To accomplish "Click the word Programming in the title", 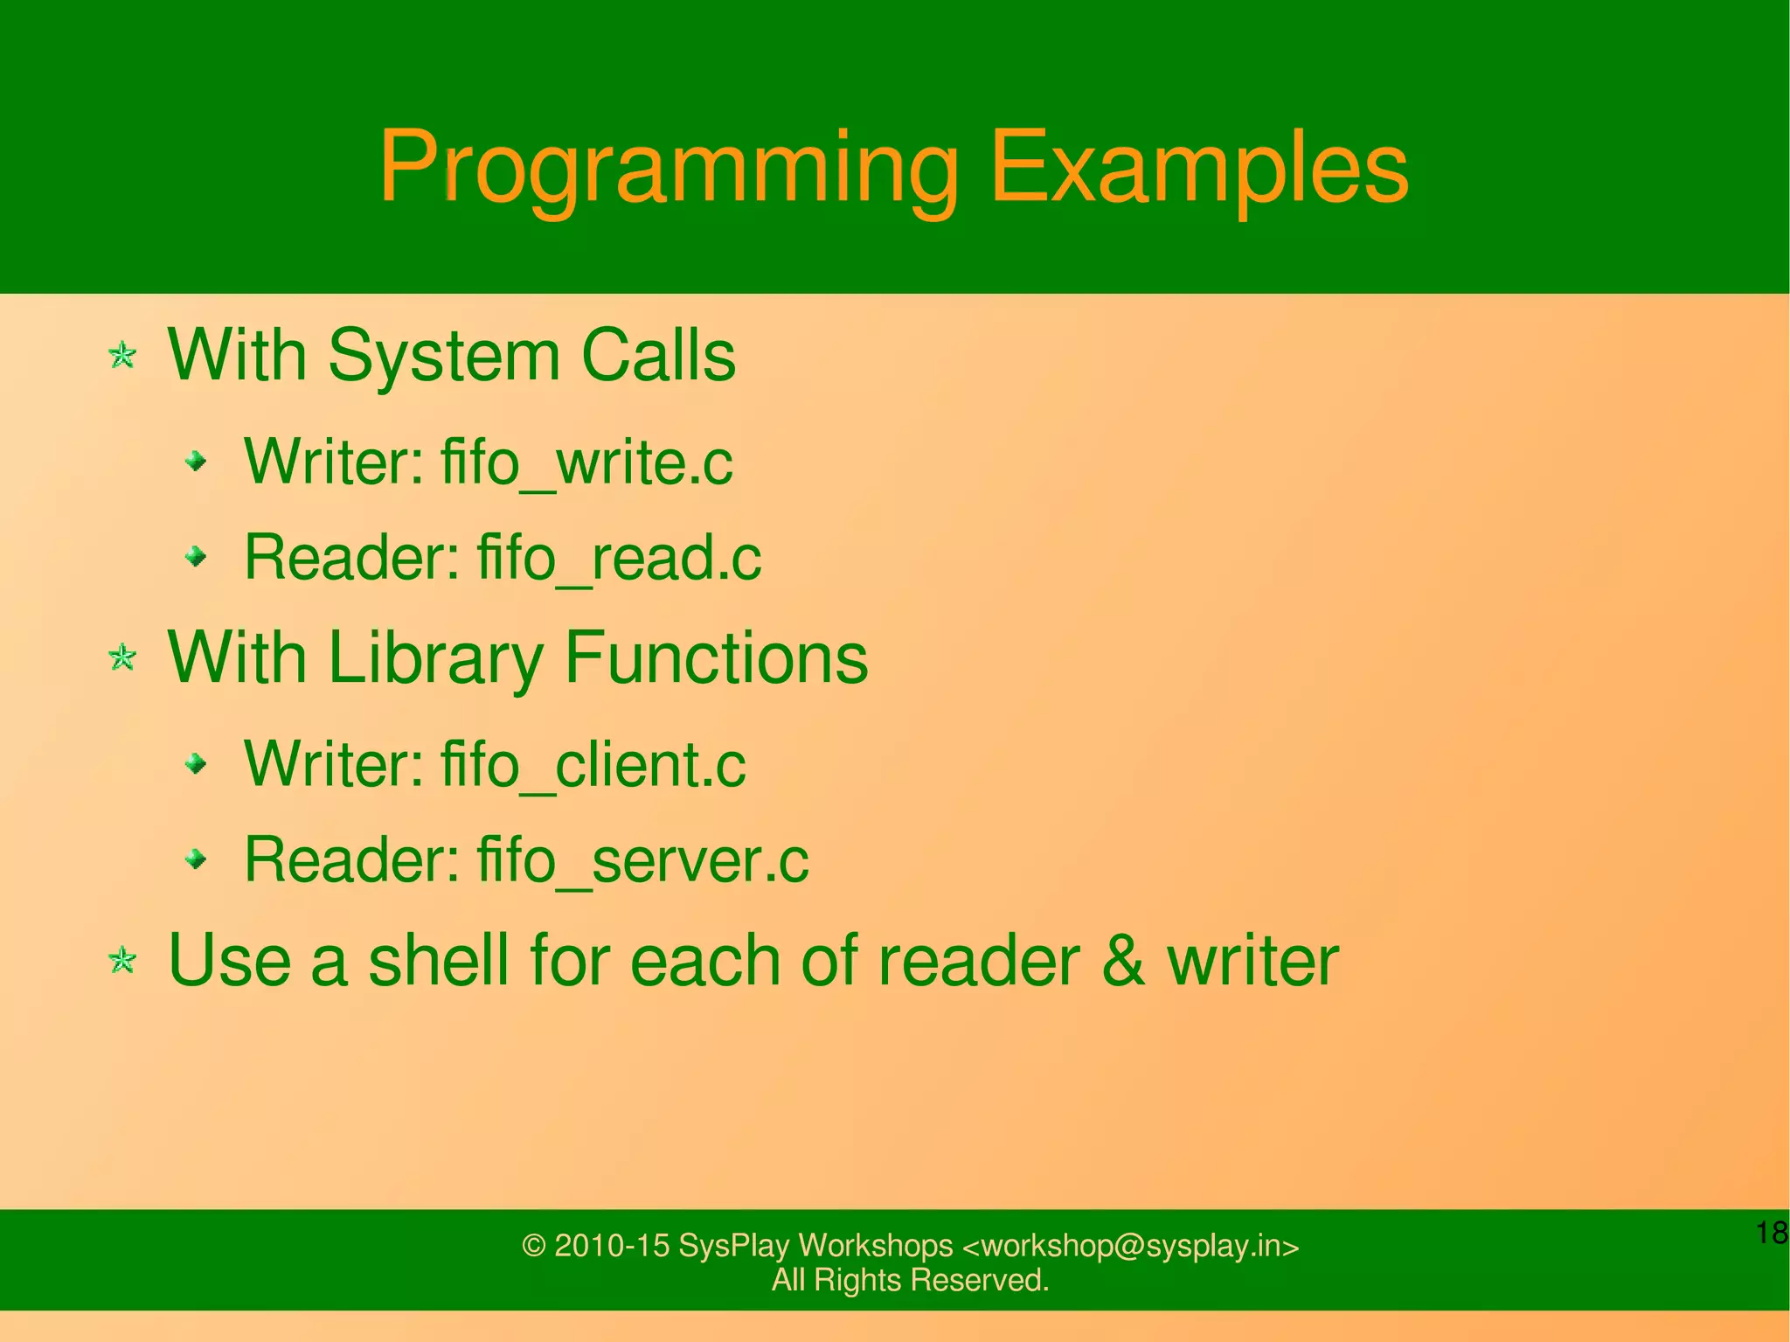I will [x=669, y=168].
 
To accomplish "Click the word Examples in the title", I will [x=1199, y=168].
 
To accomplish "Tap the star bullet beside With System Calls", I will [x=122, y=356].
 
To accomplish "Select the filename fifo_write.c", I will [x=586, y=462].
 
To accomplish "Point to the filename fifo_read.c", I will [x=619, y=558].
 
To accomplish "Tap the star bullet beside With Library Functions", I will [x=122, y=657].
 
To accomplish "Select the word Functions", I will [x=717, y=657].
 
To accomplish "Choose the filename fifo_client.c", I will [x=593, y=765].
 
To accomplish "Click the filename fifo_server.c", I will [x=642, y=860].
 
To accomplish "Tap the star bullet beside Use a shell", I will [x=122, y=961].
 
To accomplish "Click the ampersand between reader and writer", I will [x=1123, y=961].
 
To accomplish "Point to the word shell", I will [x=438, y=961].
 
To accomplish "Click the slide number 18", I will [x=1772, y=1233].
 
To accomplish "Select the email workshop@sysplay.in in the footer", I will [x=1131, y=1246].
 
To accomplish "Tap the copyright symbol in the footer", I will [x=533, y=1246].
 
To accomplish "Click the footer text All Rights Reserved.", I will [x=910, y=1280].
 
